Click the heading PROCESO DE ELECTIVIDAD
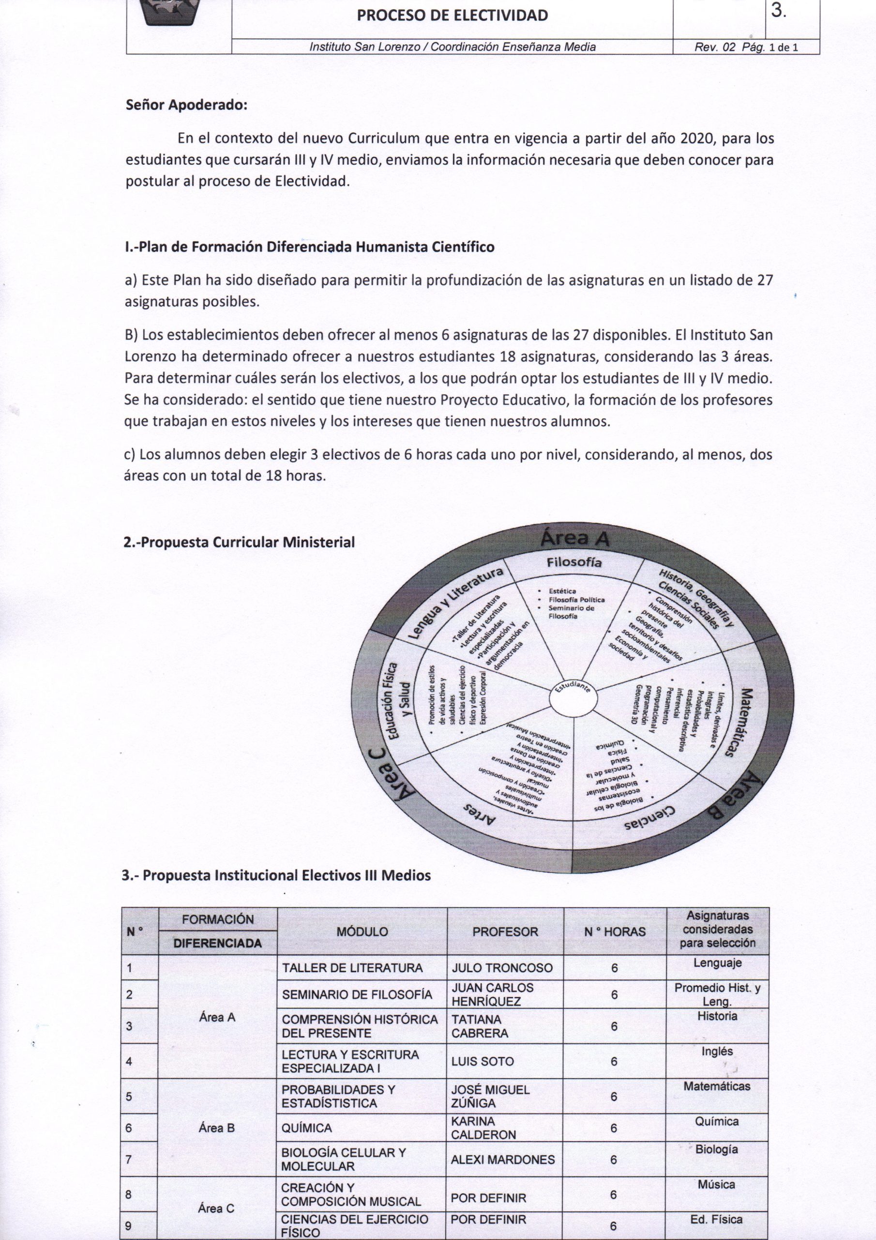click(453, 15)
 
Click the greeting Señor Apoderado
click(186, 105)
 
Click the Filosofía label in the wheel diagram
click(574, 563)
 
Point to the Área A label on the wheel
click(574, 538)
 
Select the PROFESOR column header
click(505, 931)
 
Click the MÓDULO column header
click(362, 931)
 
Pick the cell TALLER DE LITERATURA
click(352, 968)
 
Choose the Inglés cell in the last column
click(717, 1051)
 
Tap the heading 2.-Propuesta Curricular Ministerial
click(239, 542)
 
